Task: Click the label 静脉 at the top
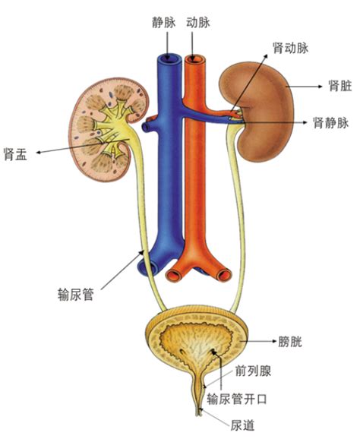coord(164,23)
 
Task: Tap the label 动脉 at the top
coord(198,23)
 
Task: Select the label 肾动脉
coord(291,48)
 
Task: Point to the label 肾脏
coord(340,86)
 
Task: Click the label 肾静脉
coord(331,122)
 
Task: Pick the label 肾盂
coord(15,154)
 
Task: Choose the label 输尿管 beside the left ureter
coord(76,295)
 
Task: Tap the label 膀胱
coord(290,342)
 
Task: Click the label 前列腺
coord(253,371)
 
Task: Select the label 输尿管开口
coord(237,399)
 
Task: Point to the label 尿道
coord(243,425)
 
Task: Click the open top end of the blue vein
coord(169,58)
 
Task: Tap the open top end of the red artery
coord(195,59)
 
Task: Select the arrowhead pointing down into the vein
coord(167,58)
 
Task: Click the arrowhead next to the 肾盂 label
coord(39,153)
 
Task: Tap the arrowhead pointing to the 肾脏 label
coord(320,87)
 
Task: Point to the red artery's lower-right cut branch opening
coord(225,275)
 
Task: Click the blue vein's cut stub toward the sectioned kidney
coord(146,128)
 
